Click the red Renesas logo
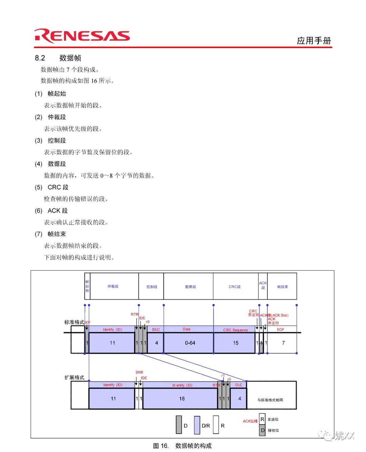[x=82, y=36]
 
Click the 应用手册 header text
[x=314, y=41]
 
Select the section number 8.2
[x=40, y=58]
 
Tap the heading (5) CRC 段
[x=52, y=187]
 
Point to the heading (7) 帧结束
[x=50, y=234]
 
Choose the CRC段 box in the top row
[x=235, y=287]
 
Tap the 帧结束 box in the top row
[x=282, y=287]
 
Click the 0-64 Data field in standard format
[x=190, y=343]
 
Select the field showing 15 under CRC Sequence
[x=235, y=343]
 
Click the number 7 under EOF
[x=283, y=343]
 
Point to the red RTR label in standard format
[x=135, y=314]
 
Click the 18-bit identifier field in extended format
[x=182, y=398]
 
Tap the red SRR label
[x=139, y=372]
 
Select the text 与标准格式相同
[x=270, y=400]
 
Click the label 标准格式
[x=74, y=322]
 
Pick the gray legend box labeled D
[x=179, y=425]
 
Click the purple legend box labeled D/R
[x=197, y=425]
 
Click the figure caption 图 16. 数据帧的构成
[x=182, y=446]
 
